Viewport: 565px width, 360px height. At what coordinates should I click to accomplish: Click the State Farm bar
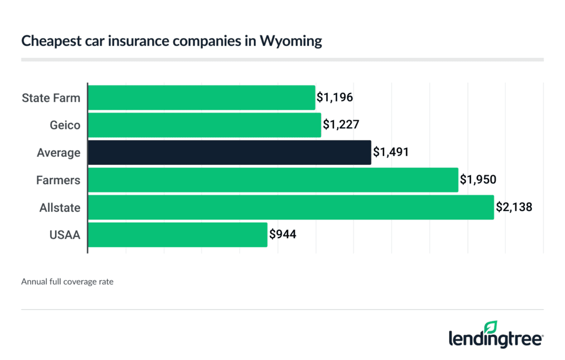(x=201, y=98)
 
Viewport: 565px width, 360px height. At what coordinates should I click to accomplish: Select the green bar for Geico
(x=204, y=125)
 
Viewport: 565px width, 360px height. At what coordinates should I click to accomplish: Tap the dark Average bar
(x=230, y=152)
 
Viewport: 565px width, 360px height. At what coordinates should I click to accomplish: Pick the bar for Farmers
(x=273, y=180)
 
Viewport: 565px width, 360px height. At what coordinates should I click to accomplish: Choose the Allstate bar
(x=291, y=207)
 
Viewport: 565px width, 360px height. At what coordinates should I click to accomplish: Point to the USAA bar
(x=178, y=235)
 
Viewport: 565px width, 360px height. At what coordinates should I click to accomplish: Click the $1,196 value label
(x=334, y=98)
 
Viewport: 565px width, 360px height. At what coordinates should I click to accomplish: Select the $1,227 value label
(x=340, y=125)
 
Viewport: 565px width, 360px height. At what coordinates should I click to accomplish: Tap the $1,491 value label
(x=391, y=152)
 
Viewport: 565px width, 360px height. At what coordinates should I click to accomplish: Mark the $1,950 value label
(x=478, y=180)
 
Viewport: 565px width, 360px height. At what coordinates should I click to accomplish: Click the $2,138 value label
(x=513, y=207)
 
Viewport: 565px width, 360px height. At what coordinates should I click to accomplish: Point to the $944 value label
(x=282, y=235)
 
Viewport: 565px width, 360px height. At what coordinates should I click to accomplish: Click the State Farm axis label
(x=51, y=98)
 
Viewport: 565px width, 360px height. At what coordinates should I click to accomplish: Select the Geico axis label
(x=65, y=126)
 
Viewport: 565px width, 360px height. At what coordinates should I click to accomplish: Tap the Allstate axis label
(x=60, y=208)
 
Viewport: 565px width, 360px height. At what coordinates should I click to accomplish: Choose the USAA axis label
(x=65, y=235)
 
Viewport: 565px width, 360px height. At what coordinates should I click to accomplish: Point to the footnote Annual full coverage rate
(x=67, y=282)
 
